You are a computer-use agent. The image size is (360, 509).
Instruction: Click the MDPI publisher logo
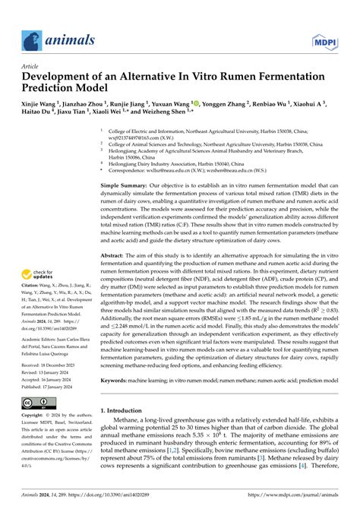[333, 39]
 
